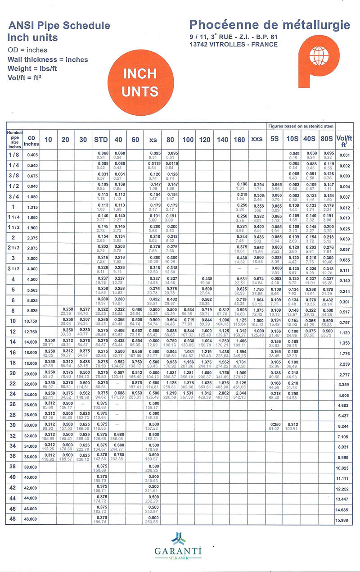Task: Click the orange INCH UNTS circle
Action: (140, 82)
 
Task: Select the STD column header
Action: (101, 140)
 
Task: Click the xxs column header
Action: (256, 140)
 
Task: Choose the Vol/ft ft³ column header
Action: (344, 141)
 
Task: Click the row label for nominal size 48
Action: (13, 519)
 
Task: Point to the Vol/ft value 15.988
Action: (344, 521)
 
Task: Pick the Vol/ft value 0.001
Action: (344, 155)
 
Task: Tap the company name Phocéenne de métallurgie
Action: (269, 25)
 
